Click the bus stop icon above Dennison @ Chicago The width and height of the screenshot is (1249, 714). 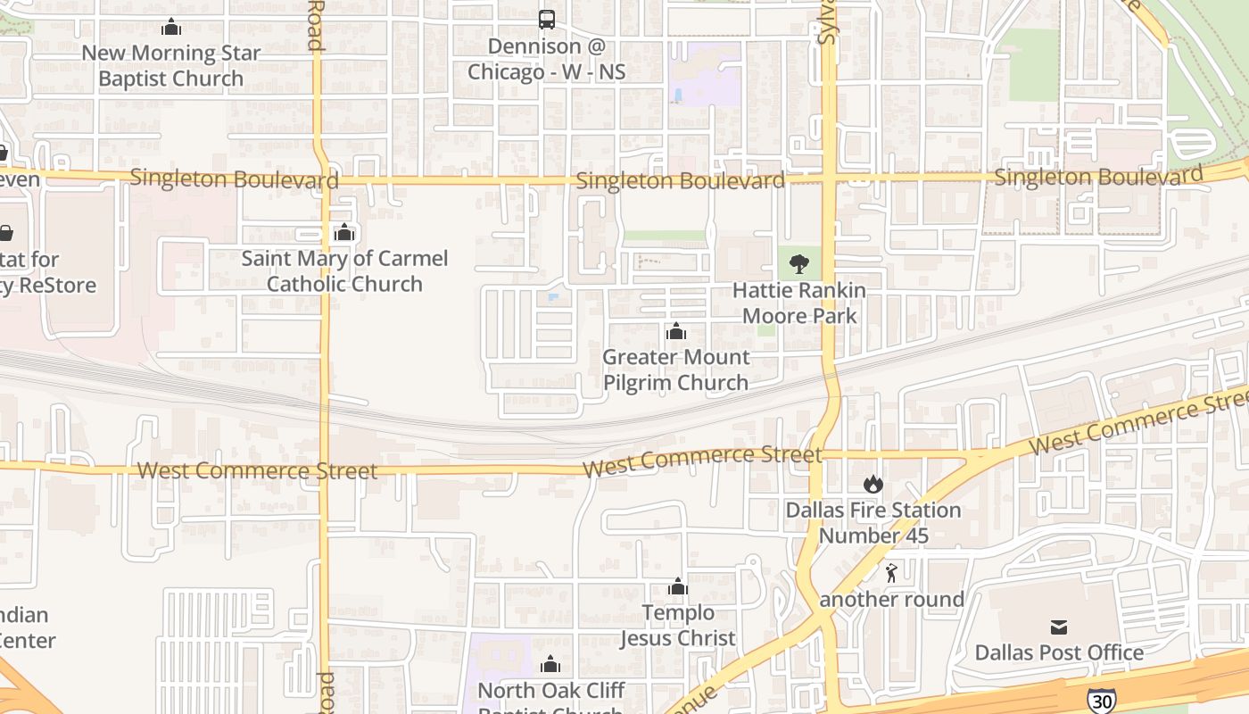click(x=546, y=19)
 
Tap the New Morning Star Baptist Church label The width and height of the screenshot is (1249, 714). click(x=170, y=65)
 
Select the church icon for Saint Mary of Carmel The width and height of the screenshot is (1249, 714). click(x=344, y=233)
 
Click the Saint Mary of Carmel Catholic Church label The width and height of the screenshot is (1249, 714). click(x=344, y=271)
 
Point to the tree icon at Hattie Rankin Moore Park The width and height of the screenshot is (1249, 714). click(x=798, y=263)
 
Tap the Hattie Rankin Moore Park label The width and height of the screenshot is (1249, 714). click(x=799, y=303)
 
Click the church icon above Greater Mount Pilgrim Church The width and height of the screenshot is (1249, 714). click(x=676, y=332)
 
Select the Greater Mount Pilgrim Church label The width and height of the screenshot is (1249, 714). click(x=676, y=369)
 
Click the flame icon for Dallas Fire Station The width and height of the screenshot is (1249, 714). click(x=873, y=485)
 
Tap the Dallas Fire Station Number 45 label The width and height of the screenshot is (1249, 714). click(x=873, y=523)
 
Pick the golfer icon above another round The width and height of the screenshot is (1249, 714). click(x=890, y=573)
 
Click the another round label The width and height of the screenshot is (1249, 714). click(x=892, y=599)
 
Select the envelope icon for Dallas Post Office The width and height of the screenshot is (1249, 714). click(x=1058, y=627)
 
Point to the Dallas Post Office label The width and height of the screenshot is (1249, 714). click(x=1059, y=652)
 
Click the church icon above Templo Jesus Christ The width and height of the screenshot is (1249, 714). click(x=678, y=586)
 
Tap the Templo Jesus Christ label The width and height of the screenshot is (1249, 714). click(x=678, y=625)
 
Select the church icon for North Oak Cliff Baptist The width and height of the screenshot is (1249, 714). click(x=550, y=664)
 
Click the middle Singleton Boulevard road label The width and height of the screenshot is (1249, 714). click(x=680, y=181)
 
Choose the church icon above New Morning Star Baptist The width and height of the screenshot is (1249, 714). click(x=171, y=28)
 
